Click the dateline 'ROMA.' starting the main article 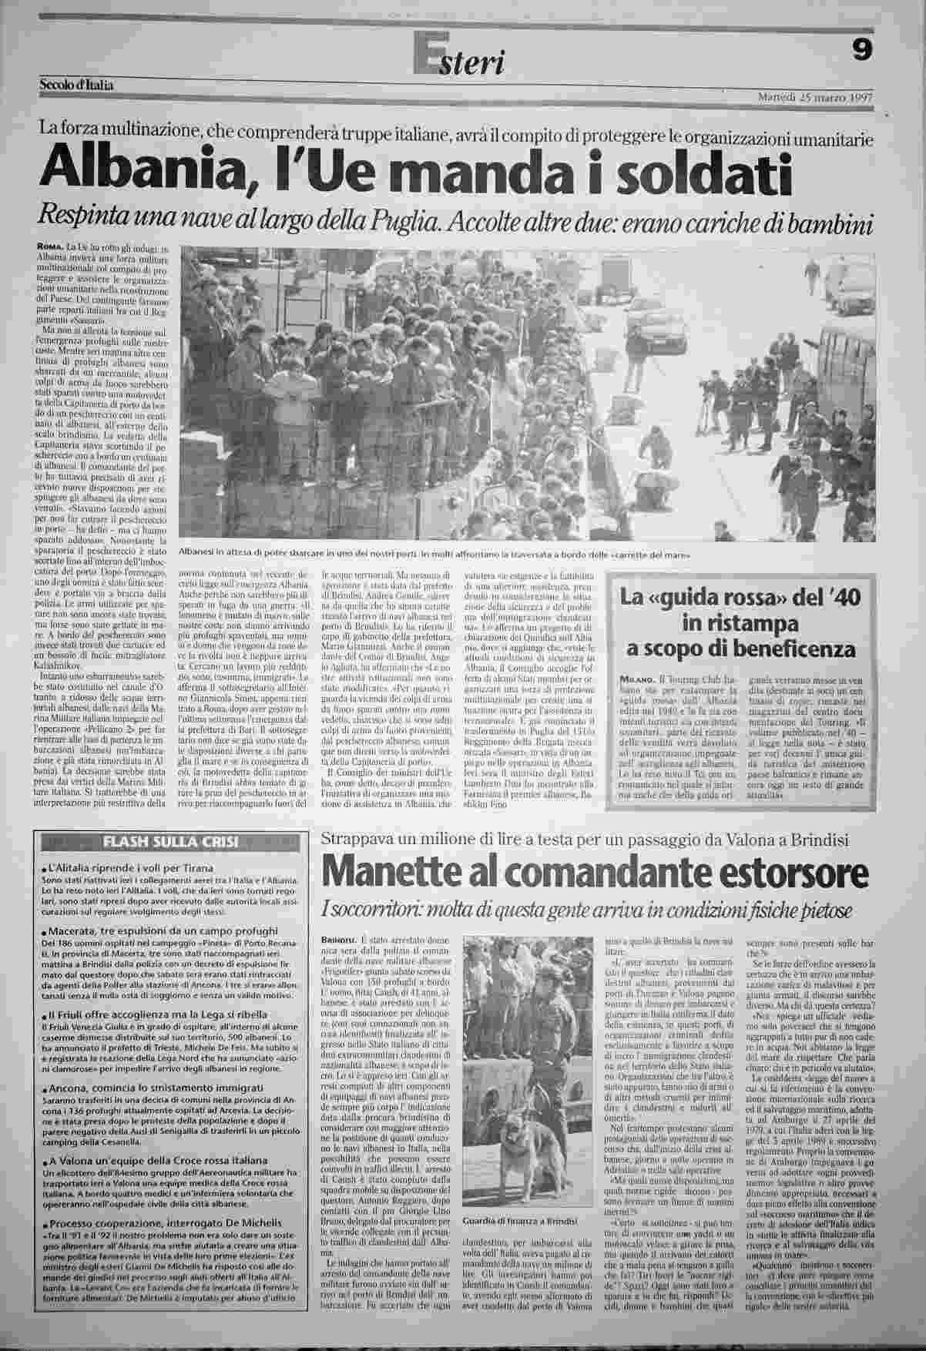(50, 246)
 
